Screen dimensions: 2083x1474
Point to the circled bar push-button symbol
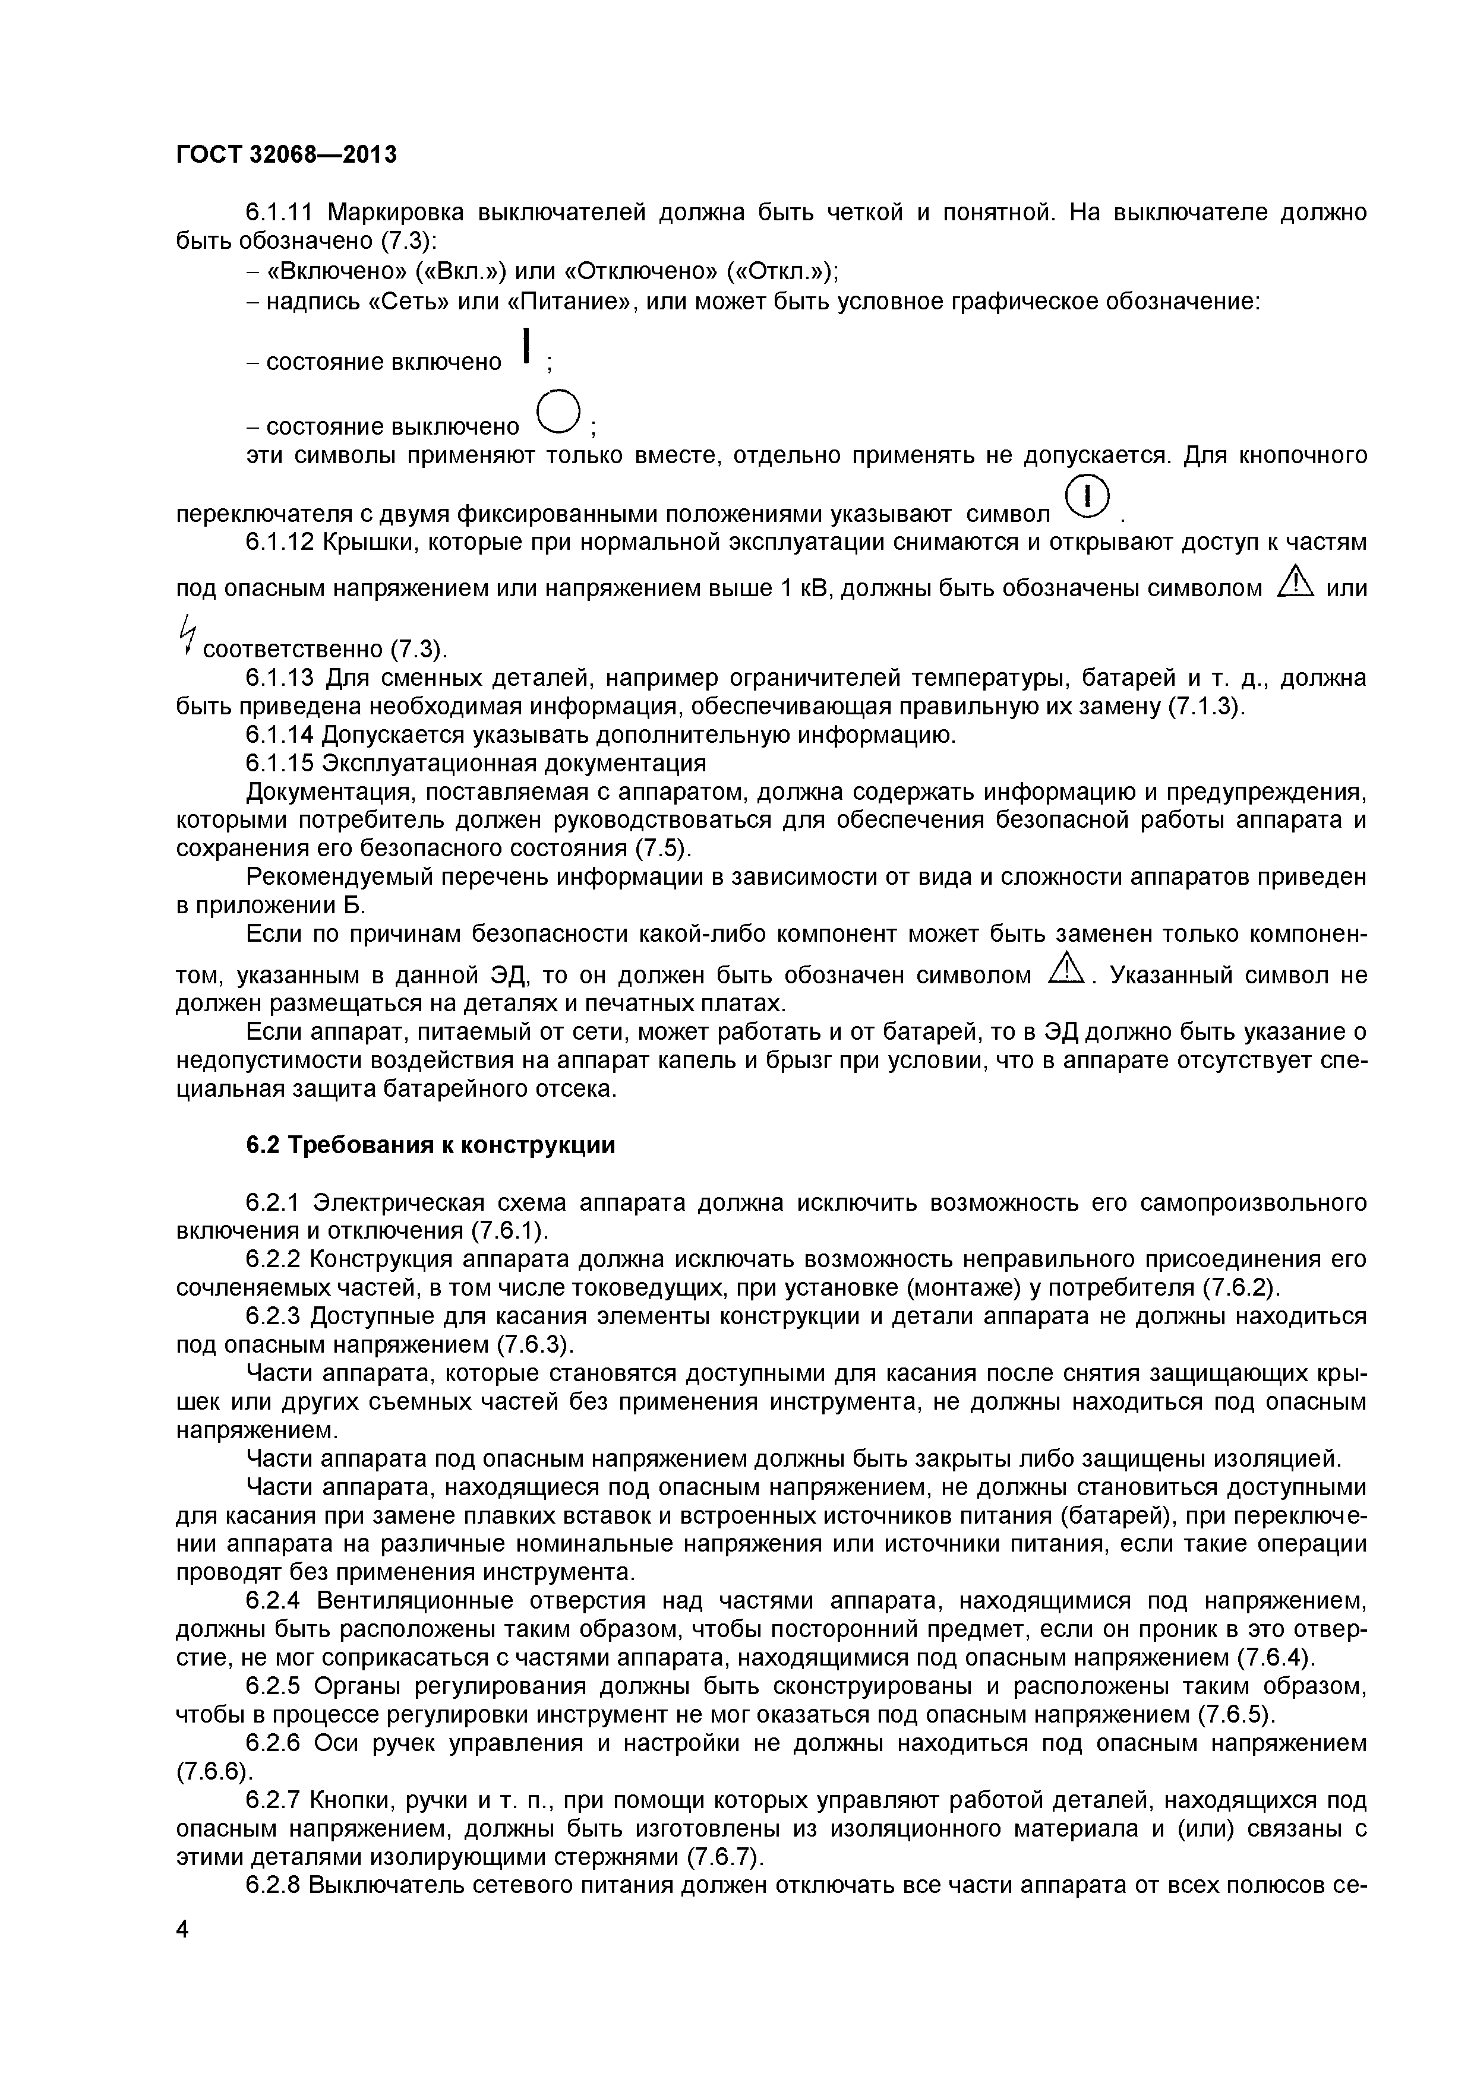click(1087, 497)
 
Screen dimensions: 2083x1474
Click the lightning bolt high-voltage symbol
click(187, 633)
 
